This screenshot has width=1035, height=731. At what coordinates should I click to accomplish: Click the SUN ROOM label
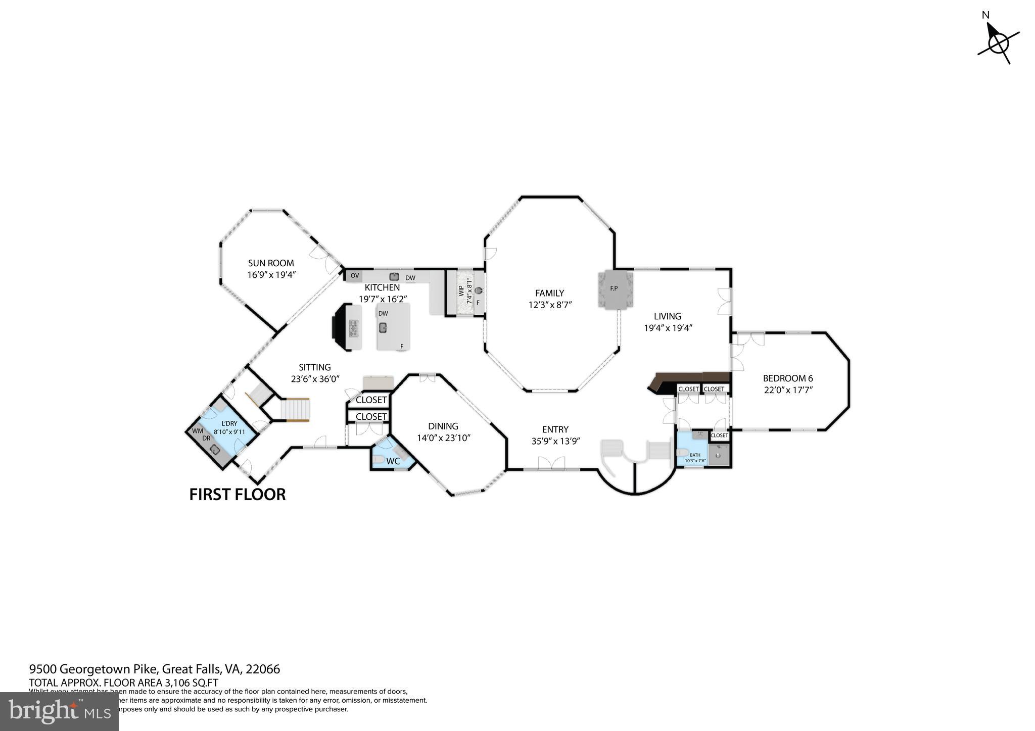click(x=271, y=263)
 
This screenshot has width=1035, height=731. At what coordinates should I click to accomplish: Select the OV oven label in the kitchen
click(x=355, y=276)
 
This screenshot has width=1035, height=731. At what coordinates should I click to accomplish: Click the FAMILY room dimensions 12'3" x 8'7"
click(x=549, y=305)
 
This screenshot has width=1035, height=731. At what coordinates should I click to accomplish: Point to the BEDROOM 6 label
click(x=787, y=378)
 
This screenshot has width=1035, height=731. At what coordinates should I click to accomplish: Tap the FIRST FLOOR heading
click(x=238, y=494)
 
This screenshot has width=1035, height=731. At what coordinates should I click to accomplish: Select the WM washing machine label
click(x=198, y=431)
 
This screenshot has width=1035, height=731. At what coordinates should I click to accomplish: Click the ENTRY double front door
click(x=551, y=463)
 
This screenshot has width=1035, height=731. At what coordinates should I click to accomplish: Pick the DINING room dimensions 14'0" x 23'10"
click(x=443, y=438)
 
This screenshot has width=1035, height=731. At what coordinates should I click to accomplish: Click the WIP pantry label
click(x=461, y=291)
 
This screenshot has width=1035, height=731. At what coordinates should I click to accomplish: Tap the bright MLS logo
click(x=59, y=711)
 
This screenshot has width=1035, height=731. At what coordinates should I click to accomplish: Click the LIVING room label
click(x=667, y=316)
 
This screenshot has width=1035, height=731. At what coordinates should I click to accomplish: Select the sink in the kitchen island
click(x=383, y=327)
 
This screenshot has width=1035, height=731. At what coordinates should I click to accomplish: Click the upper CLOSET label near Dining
click(x=371, y=400)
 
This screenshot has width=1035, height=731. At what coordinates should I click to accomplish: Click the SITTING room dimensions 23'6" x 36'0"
click(x=314, y=379)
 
